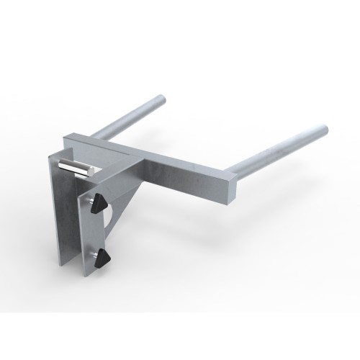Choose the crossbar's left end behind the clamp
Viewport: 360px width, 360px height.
pos(72,138)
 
